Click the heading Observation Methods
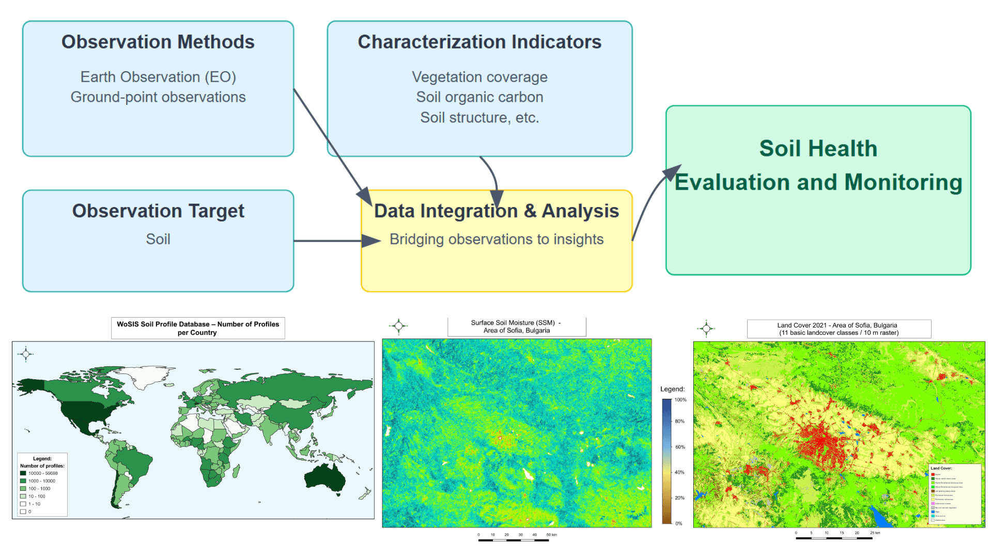[x=158, y=42]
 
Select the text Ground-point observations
[x=158, y=97]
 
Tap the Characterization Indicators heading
[x=479, y=42]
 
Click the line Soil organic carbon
[x=479, y=97]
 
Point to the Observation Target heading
[x=158, y=211]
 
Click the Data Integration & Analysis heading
[x=496, y=211]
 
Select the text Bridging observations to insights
[x=496, y=239]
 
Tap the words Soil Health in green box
[x=818, y=148]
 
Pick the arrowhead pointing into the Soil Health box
[x=673, y=173]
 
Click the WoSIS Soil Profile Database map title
[x=198, y=328]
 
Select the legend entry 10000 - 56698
[x=43, y=473]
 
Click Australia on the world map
[x=324, y=476]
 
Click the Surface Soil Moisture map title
[x=516, y=327]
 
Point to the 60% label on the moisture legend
[x=680, y=447]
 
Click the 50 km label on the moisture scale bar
[x=552, y=535]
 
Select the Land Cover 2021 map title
[x=839, y=329]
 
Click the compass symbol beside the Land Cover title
[x=706, y=328]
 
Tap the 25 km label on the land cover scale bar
[x=875, y=533]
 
